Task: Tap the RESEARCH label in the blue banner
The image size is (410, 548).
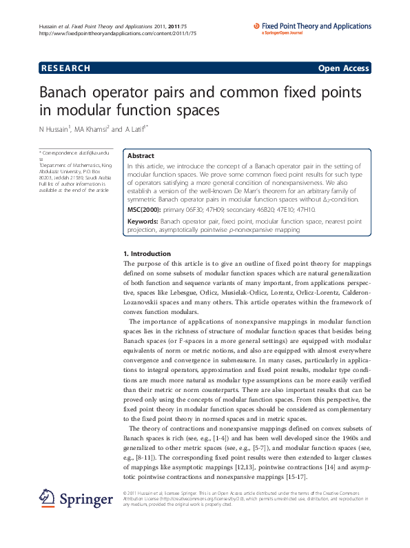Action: tap(66, 68)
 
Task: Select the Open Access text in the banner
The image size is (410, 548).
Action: tap(343, 68)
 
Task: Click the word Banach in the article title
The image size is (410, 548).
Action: tap(66, 93)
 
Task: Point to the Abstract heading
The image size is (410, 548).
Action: tap(141, 156)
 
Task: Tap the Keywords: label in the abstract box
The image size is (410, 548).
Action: tap(143, 202)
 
